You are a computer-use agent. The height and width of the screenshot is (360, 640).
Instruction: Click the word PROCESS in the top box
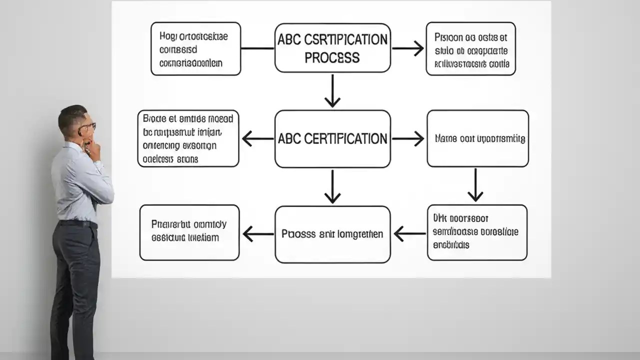[x=332, y=58]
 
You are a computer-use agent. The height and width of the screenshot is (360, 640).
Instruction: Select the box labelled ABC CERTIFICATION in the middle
[x=332, y=138]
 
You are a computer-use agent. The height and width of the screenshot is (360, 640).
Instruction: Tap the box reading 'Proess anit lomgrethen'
[x=332, y=234]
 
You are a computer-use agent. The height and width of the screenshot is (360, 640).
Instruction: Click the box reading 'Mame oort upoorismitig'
[x=477, y=138]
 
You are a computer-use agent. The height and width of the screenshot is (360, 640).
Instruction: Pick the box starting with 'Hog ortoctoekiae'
[x=195, y=49]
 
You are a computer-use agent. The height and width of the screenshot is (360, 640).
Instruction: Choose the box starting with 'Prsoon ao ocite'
[x=470, y=49]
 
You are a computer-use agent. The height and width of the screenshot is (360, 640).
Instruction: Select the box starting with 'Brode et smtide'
[x=188, y=138]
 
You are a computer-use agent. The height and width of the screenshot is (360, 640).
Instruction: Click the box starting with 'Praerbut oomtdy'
[x=189, y=232]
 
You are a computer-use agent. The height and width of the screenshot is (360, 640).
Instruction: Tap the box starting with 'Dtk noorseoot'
[x=477, y=232]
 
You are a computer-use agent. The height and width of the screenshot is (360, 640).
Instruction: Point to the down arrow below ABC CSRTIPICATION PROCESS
[x=332, y=91]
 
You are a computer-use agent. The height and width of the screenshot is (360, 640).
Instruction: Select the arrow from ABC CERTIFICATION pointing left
[x=257, y=138]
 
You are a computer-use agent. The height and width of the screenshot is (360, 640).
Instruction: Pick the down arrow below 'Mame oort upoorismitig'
[x=475, y=185]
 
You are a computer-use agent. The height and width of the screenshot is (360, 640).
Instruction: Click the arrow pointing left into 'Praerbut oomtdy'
[x=257, y=233]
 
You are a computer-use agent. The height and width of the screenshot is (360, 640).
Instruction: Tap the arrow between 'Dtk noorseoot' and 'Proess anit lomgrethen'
[x=409, y=233]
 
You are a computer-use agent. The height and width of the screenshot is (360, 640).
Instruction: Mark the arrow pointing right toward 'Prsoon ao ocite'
[x=407, y=48]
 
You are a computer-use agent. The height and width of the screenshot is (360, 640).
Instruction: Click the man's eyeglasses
[x=88, y=127]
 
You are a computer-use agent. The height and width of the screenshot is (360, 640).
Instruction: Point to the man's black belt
[x=78, y=223]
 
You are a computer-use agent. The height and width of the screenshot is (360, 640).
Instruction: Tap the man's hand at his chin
[x=92, y=147]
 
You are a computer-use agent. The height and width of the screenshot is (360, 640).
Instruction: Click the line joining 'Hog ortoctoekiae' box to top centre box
[x=257, y=48]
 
